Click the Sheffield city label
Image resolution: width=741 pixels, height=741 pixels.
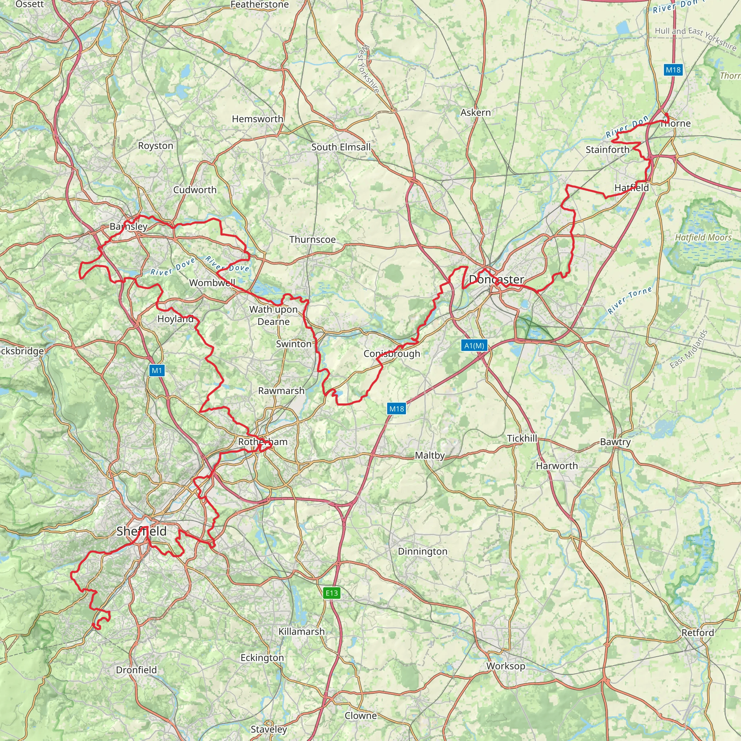coord(141,531)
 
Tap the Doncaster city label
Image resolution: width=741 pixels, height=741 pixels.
coord(496,279)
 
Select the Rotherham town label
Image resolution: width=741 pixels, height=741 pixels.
coord(263,442)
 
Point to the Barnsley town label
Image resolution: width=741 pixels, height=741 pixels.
coord(128,226)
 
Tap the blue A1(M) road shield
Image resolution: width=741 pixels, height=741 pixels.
coord(474,346)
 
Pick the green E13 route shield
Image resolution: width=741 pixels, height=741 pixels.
coord(332,593)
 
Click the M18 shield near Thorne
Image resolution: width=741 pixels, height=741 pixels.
coord(673,70)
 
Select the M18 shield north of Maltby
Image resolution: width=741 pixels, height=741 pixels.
coord(397,409)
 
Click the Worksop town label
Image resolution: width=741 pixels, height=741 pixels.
coord(505,666)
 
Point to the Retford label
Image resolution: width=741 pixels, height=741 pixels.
coord(698,632)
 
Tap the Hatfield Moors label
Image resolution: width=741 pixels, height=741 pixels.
coord(703,238)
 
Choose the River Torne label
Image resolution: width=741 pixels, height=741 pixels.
coord(630,300)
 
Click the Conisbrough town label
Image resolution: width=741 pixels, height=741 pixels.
coord(391,353)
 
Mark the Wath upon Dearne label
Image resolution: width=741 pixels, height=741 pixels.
coord(274,315)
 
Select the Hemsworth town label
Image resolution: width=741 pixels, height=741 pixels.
coord(257,119)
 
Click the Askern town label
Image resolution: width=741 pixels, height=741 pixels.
coord(475,113)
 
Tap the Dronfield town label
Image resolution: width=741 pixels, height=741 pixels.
coord(136,670)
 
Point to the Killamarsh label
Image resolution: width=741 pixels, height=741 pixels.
coord(301,631)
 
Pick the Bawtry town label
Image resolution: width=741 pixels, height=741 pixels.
coord(615,442)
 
